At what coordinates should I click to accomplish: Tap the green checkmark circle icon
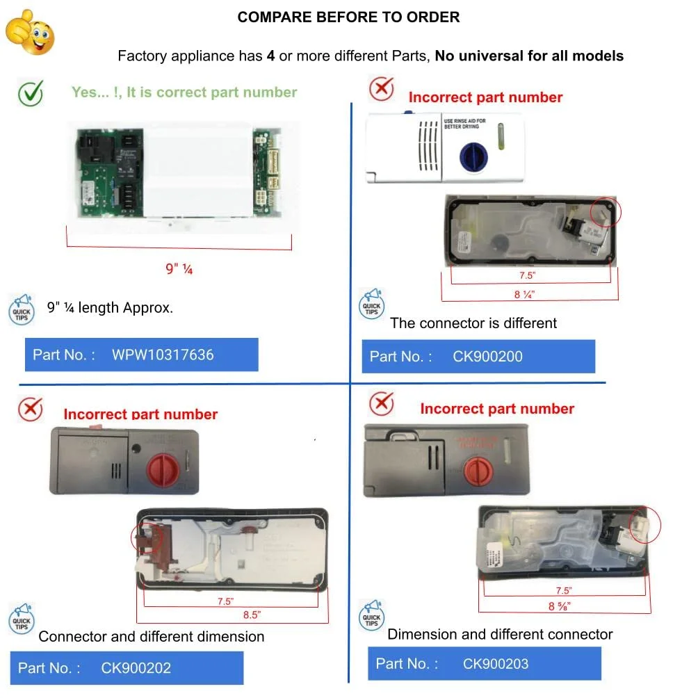coord(30,93)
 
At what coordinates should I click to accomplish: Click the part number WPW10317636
coord(163,355)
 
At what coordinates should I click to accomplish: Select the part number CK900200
coord(487,357)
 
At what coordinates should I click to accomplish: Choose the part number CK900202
coord(136,668)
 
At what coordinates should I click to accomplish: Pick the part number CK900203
coord(496,664)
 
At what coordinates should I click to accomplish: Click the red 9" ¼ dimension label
coord(179,269)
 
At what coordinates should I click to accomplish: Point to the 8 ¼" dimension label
coord(525,294)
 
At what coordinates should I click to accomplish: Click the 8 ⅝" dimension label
coord(560,606)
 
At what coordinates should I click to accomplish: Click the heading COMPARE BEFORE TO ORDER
coord(348,17)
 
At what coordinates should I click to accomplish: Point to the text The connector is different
coord(473,323)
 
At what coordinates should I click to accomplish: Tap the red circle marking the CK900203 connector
coord(644,525)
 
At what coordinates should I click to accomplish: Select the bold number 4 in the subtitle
coord(270,56)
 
